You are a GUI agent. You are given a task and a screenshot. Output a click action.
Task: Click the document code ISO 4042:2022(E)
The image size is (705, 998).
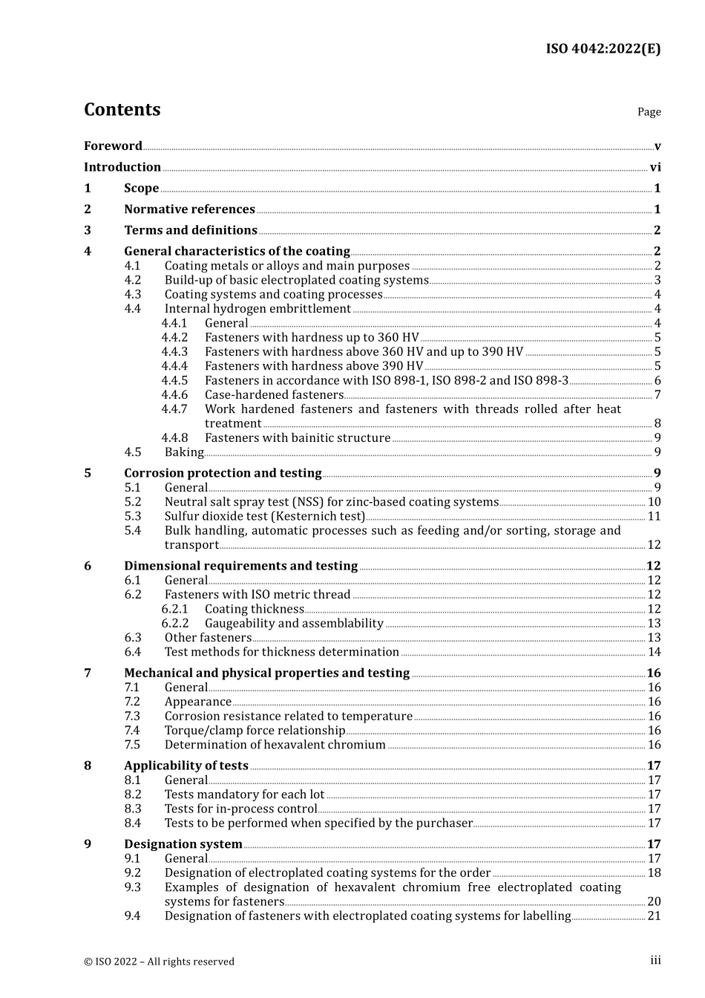click(603, 49)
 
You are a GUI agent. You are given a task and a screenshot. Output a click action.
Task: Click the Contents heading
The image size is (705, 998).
click(122, 110)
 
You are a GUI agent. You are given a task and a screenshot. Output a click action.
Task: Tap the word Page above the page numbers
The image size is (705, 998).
click(649, 112)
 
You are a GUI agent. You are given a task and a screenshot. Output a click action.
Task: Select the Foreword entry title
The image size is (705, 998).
click(113, 146)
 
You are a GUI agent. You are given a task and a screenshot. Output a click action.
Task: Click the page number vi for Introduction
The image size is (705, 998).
click(655, 168)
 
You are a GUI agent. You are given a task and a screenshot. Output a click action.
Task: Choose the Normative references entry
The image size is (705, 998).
click(189, 209)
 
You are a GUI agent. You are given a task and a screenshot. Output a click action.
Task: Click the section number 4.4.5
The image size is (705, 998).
click(174, 381)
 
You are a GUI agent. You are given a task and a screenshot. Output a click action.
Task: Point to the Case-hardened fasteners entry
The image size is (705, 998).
click(274, 395)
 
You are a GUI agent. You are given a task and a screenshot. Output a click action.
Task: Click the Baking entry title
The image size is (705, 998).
click(184, 452)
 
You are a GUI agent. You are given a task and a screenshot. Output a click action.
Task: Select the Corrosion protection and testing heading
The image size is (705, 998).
click(223, 474)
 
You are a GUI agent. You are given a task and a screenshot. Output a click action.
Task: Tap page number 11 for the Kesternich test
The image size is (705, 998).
click(654, 516)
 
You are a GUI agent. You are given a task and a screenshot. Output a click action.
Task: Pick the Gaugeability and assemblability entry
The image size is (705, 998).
click(294, 624)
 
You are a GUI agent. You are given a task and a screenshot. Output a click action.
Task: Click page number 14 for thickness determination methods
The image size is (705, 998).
click(654, 652)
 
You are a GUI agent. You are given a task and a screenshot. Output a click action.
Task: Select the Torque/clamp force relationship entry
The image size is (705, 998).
click(255, 731)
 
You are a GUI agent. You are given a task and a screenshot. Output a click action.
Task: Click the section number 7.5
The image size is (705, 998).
click(132, 745)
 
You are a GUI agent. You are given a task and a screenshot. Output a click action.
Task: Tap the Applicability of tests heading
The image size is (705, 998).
click(186, 766)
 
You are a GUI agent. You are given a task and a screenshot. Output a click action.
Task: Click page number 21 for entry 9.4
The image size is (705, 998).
click(654, 916)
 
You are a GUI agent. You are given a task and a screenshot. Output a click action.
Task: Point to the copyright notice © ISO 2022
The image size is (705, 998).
click(159, 962)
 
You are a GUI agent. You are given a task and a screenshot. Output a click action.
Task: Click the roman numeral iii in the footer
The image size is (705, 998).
click(655, 960)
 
